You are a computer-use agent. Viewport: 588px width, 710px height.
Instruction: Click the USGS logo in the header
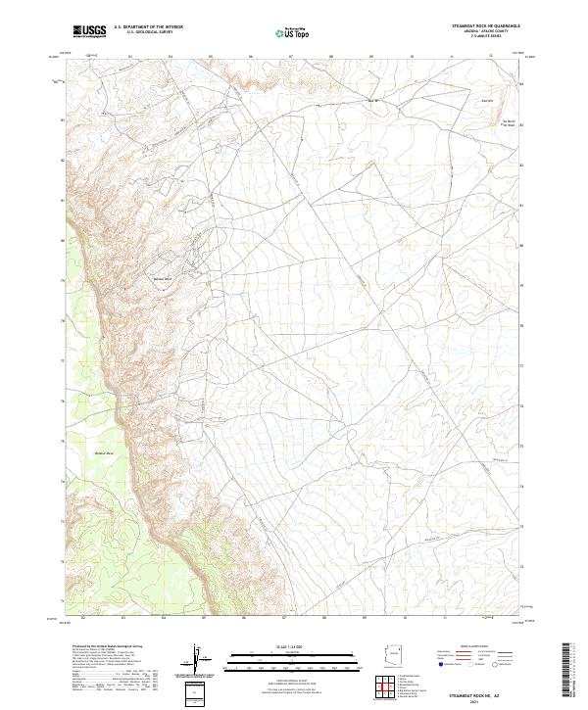[x=90, y=32]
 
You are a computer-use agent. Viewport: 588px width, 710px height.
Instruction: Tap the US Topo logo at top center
[x=294, y=33]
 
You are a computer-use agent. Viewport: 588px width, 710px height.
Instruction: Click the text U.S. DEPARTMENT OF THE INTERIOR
[x=147, y=28]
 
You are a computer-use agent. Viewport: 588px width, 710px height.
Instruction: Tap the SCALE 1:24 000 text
[x=294, y=647]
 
